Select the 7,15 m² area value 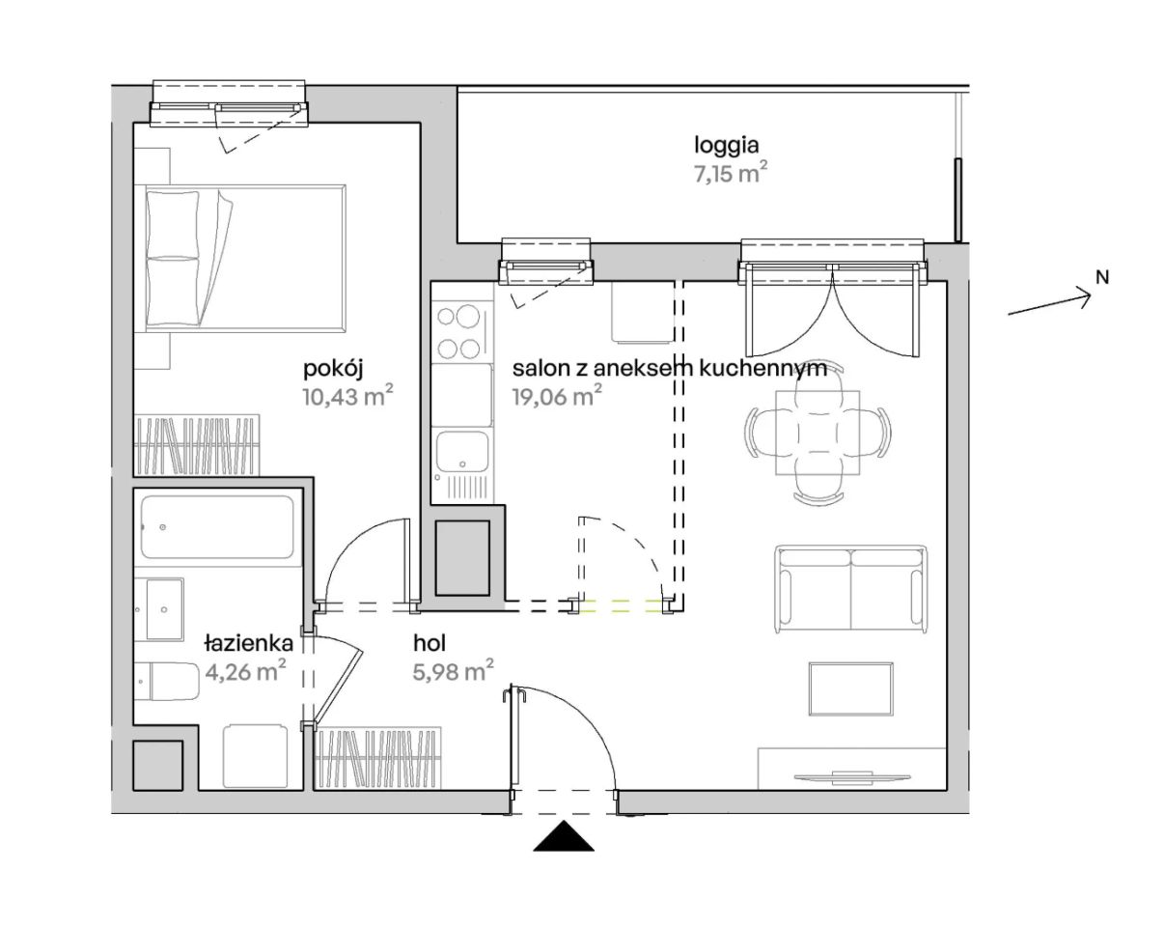pyautogui.click(x=731, y=174)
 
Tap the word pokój pyautogui.click(x=332, y=370)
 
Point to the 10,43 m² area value pyautogui.click(x=347, y=397)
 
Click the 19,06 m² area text pyautogui.click(x=557, y=397)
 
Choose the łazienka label pyautogui.click(x=248, y=643)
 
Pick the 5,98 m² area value pyautogui.click(x=454, y=671)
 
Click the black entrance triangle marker pyautogui.click(x=564, y=835)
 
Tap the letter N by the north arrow pyautogui.click(x=1102, y=278)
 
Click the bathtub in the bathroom pyautogui.click(x=217, y=527)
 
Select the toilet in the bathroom pyautogui.click(x=168, y=681)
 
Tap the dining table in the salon pyautogui.click(x=818, y=433)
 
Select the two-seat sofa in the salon pyautogui.click(x=851, y=589)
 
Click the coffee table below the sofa pyautogui.click(x=851, y=688)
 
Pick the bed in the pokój pyautogui.click(x=245, y=258)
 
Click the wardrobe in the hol pyautogui.click(x=377, y=756)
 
